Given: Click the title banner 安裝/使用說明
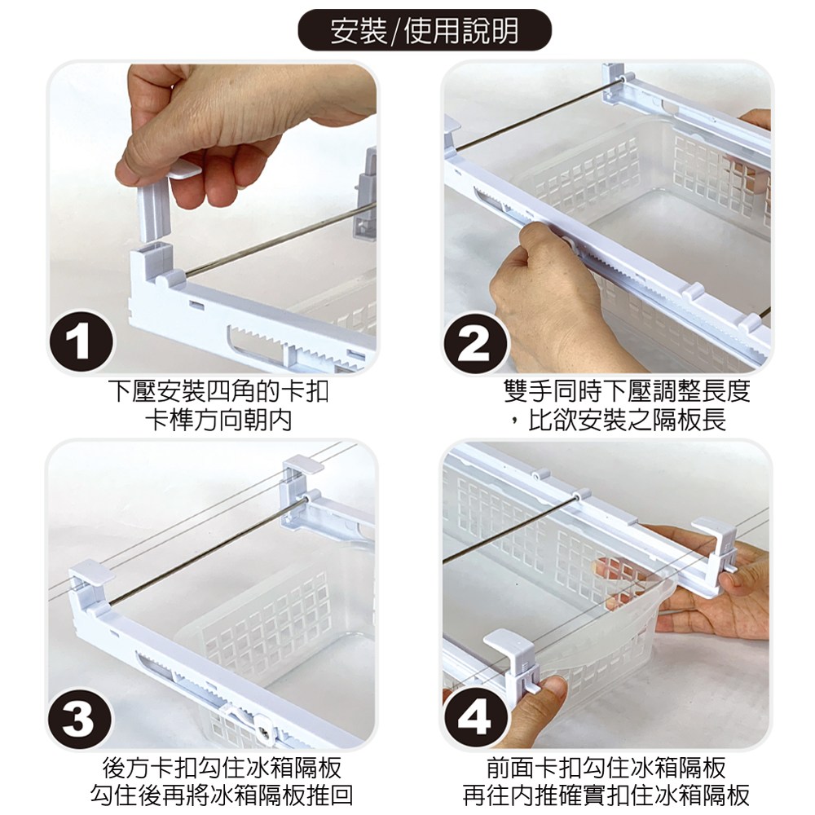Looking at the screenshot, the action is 424,31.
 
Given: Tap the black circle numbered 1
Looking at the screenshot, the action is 81,342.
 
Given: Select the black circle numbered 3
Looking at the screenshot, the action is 80,719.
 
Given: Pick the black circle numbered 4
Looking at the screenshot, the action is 475,718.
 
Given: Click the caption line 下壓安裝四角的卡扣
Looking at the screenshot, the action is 218,391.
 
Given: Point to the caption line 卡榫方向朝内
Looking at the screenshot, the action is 218,421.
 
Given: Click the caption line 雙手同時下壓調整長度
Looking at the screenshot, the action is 628,391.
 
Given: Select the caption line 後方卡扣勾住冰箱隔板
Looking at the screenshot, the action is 222,767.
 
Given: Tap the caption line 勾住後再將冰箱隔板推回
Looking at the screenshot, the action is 222,795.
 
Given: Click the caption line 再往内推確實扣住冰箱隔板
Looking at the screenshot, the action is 606,795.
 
